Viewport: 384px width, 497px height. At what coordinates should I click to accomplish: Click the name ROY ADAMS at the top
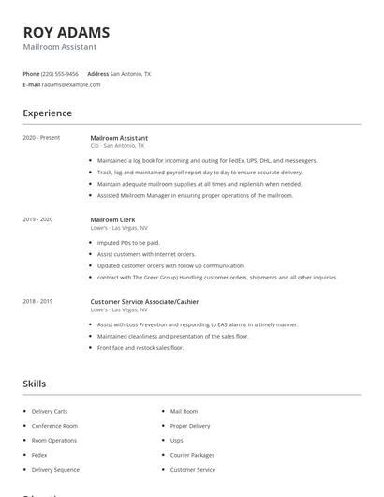coord(66,32)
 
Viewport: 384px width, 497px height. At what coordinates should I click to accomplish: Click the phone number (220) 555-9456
coord(61,73)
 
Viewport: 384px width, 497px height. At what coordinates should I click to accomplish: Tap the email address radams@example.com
coord(72,84)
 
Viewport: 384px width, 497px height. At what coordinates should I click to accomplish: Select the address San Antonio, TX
coord(130,73)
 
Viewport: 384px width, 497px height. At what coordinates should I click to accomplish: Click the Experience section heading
coord(47,113)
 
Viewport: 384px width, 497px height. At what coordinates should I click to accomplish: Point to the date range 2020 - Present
coord(41,138)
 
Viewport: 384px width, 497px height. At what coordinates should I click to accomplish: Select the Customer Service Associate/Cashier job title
coord(144,301)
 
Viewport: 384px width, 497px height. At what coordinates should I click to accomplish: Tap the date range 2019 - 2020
coord(37,219)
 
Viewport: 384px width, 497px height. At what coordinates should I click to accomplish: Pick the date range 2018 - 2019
coord(37,301)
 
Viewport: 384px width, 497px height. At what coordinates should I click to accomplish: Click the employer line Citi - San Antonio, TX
coord(117,146)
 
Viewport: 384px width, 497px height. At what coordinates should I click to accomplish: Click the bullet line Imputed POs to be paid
coord(128,242)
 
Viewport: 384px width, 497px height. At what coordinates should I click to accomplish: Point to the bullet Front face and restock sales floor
coord(140,347)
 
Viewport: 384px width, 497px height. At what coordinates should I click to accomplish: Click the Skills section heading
coord(34,384)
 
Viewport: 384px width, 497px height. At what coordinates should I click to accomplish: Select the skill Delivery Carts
coord(49,411)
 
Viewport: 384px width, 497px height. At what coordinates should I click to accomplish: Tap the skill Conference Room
coord(54,425)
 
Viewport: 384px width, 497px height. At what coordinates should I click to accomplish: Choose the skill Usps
coord(176,440)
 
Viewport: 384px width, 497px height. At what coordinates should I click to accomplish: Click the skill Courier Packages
coord(191,455)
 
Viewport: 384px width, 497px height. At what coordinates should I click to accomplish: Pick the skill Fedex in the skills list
coord(39,455)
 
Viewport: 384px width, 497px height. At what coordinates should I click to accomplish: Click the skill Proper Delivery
coord(190,425)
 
